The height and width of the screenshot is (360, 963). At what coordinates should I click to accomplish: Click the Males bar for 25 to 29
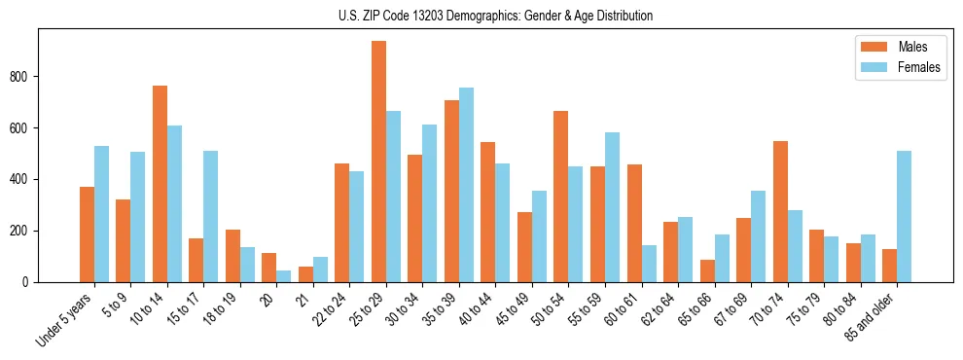(378, 162)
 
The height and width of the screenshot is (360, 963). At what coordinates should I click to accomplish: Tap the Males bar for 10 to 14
(160, 184)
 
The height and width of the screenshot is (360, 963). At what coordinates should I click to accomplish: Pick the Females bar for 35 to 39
(466, 185)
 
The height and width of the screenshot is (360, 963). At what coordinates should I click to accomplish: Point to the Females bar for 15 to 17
(211, 216)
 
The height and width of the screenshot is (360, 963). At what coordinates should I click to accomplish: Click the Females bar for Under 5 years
(101, 214)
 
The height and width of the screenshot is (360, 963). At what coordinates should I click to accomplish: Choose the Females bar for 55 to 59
(612, 207)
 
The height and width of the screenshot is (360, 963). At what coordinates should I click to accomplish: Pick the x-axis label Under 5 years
(66, 318)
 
